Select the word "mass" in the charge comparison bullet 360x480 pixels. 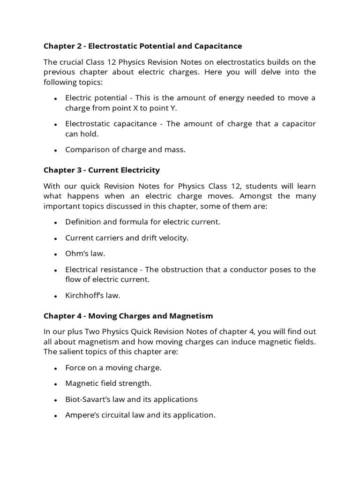tap(176, 150)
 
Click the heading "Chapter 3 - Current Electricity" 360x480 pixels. tap(102, 170)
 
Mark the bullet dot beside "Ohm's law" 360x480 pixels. tap(55, 254)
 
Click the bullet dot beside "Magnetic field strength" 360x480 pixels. tap(55, 384)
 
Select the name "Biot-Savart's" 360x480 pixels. tap(89, 399)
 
